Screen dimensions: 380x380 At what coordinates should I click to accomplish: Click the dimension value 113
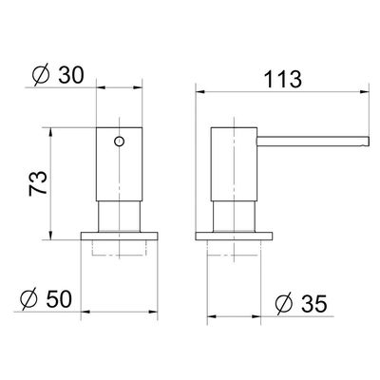coord(282,79)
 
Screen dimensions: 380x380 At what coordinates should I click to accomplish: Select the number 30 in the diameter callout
coord(71,75)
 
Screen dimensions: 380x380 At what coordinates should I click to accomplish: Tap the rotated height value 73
coord(38,183)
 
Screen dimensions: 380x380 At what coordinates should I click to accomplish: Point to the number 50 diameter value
coord(59,299)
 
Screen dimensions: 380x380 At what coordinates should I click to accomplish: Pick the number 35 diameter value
coord(313,304)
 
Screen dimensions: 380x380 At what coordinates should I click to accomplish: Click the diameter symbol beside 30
coord(41,75)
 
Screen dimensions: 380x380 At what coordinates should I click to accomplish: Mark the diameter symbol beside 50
coord(28,299)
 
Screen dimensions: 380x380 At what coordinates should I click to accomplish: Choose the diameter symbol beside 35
coord(284,304)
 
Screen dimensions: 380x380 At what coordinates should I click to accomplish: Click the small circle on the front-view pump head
coord(119,142)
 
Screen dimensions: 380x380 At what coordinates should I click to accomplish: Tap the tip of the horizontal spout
coord(369,141)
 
